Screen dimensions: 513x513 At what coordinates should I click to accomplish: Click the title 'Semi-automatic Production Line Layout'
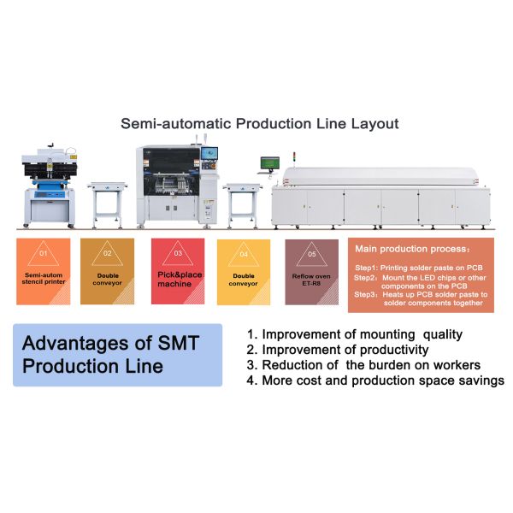(259, 124)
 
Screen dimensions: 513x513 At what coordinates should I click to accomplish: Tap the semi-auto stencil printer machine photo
(50, 186)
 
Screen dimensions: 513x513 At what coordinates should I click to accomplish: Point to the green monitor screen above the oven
(270, 162)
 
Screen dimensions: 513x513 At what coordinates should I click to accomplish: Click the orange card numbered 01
(44, 271)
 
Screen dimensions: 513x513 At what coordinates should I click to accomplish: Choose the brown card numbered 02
(107, 271)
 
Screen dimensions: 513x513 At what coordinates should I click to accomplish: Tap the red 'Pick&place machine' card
(178, 271)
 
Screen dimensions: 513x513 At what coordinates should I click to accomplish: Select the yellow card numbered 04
(243, 271)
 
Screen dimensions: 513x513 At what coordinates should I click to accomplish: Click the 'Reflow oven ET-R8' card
(311, 271)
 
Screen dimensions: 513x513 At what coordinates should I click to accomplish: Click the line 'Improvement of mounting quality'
(354, 334)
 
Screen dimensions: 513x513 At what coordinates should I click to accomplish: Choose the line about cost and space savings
(374, 380)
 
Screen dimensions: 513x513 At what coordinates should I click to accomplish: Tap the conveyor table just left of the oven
(241, 202)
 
